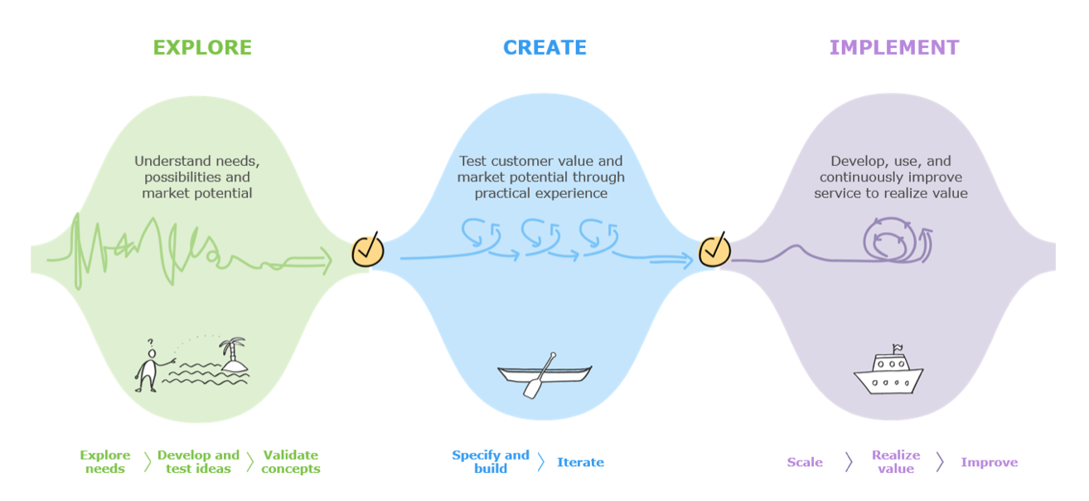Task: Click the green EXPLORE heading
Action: tap(202, 47)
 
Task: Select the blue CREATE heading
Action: tap(544, 47)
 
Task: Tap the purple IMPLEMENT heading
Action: tap(894, 47)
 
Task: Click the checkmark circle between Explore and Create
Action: tap(367, 250)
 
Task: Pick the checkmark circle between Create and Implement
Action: tap(714, 250)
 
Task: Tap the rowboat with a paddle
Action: tap(544, 374)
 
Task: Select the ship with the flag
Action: tap(888, 372)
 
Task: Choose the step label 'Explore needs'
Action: tap(105, 462)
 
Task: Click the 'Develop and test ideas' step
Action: tap(198, 462)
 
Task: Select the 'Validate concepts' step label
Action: tap(291, 462)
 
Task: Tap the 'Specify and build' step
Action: tap(491, 462)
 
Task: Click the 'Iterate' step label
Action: tap(580, 462)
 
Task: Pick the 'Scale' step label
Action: tap(805, 462)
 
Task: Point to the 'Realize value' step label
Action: tap(896, 462)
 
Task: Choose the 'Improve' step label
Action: tap(989, 462)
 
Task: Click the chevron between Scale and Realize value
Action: tap(849, 462)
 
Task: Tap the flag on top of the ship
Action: tap(897, 348)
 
